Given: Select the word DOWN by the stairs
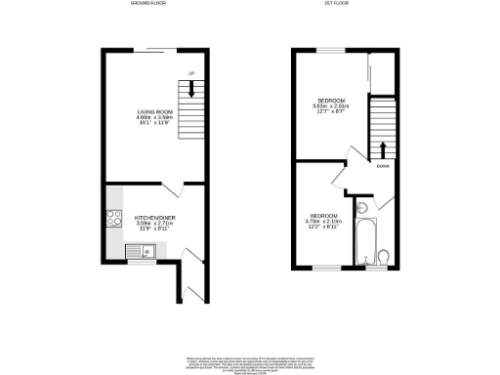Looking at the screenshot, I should (x=382, y=166).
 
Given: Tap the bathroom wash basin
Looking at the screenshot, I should (x=360, y=207).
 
